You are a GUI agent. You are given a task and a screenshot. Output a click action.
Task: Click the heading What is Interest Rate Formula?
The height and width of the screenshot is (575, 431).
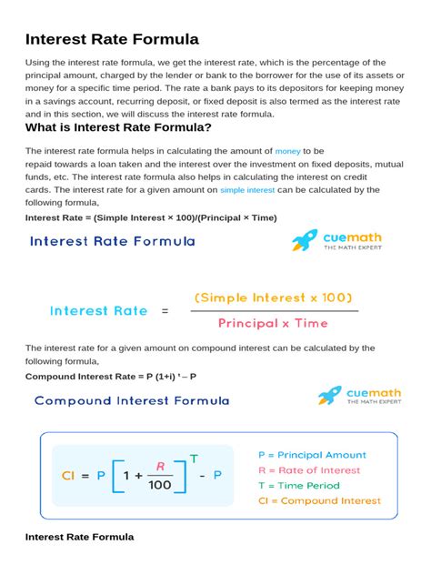118,128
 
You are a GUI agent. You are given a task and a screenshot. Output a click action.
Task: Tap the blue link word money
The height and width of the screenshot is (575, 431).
287,150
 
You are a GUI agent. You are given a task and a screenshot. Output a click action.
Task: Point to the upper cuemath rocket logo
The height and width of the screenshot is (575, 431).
305,240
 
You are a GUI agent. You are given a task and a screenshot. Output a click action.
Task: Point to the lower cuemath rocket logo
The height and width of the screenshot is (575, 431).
330,395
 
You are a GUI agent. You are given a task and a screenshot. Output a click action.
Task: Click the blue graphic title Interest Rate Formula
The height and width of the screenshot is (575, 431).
113,242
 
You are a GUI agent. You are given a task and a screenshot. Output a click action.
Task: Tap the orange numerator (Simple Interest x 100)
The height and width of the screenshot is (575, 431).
273,298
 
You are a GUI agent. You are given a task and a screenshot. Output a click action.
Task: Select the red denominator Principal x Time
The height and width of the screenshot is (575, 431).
272,323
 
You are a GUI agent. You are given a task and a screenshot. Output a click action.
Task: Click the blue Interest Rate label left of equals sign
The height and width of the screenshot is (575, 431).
98,310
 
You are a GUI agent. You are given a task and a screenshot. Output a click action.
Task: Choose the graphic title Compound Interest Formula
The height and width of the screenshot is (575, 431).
132,400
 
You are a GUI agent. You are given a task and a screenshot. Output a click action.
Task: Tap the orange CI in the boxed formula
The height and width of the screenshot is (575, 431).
67,474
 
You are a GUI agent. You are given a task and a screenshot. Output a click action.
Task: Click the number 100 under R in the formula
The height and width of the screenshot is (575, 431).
159,486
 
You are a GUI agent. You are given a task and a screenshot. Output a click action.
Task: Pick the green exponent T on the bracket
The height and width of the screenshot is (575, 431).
193,457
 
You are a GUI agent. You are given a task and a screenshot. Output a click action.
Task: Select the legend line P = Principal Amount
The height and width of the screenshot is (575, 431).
312,455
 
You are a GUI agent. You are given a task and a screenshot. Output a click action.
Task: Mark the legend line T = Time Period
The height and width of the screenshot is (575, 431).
298,486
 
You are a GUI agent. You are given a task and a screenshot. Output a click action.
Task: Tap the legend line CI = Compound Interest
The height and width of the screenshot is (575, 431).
319,500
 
